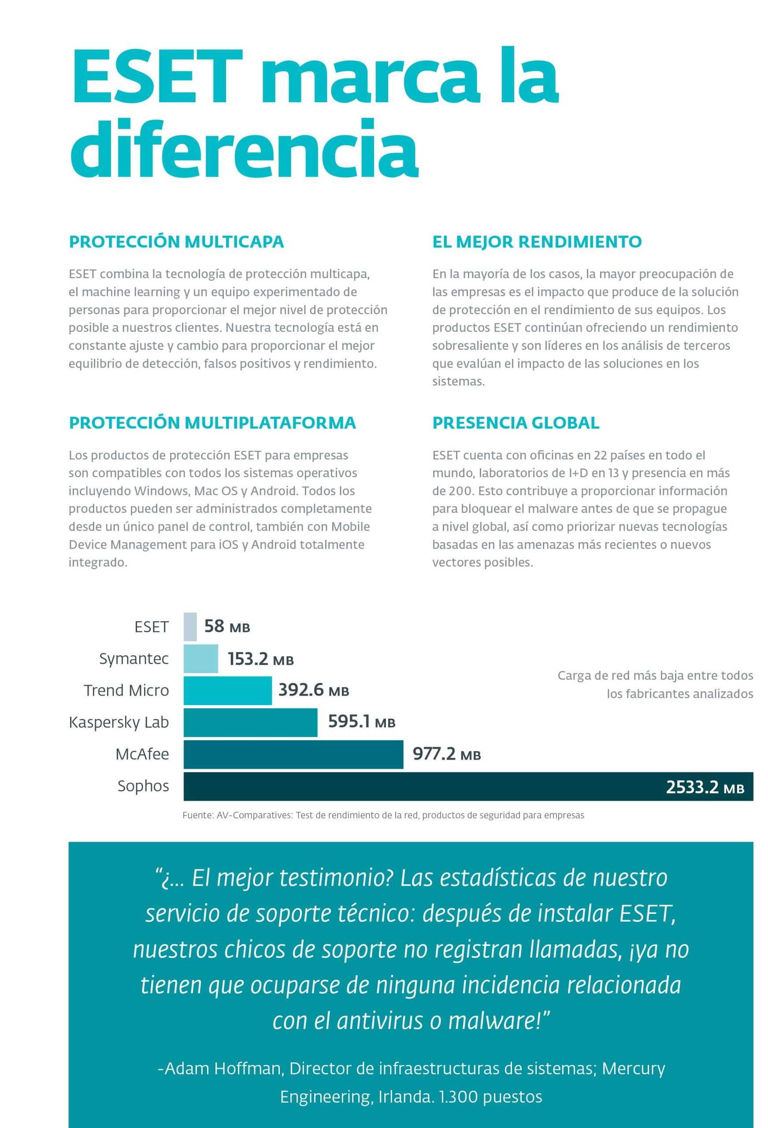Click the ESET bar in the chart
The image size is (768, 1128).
(190, 627)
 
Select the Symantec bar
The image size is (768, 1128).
(200, 659)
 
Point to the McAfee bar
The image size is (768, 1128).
(293, 754)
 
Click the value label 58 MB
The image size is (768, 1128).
(227, 627)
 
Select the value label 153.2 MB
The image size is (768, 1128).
(261, 659)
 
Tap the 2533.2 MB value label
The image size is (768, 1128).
(705, 787)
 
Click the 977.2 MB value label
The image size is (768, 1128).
(447, 754)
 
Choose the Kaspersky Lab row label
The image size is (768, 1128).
(119, 722)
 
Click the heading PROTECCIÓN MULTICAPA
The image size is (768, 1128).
(176, 242)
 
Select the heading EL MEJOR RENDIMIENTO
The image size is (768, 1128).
(537, 242)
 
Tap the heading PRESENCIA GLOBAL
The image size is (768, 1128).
(516, 423)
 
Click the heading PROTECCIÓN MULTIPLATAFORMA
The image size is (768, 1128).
(212, 423)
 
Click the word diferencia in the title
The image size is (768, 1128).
(244, 148)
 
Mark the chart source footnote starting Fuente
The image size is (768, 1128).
(383, 816)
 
